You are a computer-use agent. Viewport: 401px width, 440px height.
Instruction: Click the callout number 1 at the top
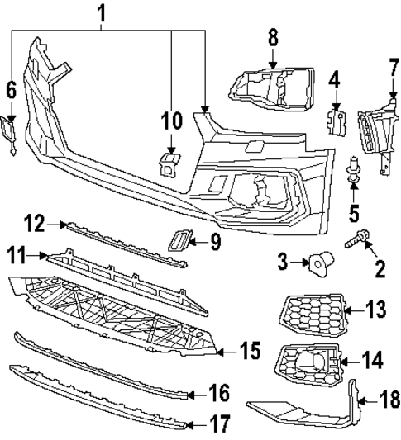click(x=101, y=14)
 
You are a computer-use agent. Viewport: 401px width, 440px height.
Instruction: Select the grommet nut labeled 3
click(x=322, y=263)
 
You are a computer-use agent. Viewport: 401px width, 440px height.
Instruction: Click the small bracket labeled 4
click(x=337, y=122)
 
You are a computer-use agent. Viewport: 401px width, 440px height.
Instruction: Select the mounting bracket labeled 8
click(x=272, y=89)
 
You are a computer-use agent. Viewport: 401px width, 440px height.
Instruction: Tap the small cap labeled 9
click(x=179, y=240)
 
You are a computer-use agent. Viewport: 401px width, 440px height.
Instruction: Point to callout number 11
click(x=17, y=255)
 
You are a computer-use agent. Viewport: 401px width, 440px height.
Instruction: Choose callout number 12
click(x=34, y=224)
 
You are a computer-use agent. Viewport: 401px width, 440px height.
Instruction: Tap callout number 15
click(x=250, y=351)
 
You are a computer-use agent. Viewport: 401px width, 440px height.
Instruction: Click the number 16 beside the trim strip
click(x=219, y=393)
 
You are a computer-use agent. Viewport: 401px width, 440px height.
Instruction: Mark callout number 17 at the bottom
click(x=220, y=423)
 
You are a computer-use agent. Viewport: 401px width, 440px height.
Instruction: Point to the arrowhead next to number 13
click(x=348, y=310)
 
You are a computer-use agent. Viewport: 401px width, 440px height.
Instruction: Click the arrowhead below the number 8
click(x=272, y=65)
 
